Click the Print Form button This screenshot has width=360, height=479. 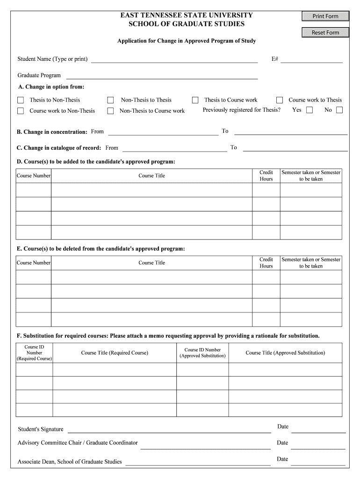[x=325, y=16]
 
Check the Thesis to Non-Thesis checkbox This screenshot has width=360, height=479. [x=21, y=100]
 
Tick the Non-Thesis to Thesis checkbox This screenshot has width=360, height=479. [x=111, y=100]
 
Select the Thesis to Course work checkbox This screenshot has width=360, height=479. [x=195, y=100]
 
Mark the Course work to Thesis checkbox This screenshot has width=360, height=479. [x=280, y=100]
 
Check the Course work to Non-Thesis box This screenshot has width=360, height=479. [x=21, y=111]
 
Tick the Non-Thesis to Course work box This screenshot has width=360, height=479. [x=111, y=111]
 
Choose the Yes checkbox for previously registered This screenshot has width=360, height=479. [x=310, y=110]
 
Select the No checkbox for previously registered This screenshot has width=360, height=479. [x=339, y=110]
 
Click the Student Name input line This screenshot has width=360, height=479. [x=174, y=59]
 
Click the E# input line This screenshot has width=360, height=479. [x=311, y=59]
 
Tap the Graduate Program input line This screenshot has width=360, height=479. [x=162, y=76]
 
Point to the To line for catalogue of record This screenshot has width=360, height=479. [x=295, y=148]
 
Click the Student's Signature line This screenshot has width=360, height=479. [x=169, y=430]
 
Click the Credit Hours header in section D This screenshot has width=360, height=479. [x=266, y=176]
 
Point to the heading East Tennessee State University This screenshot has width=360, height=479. [x=187, y=15]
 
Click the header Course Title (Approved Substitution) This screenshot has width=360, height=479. [x=285, y=353]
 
